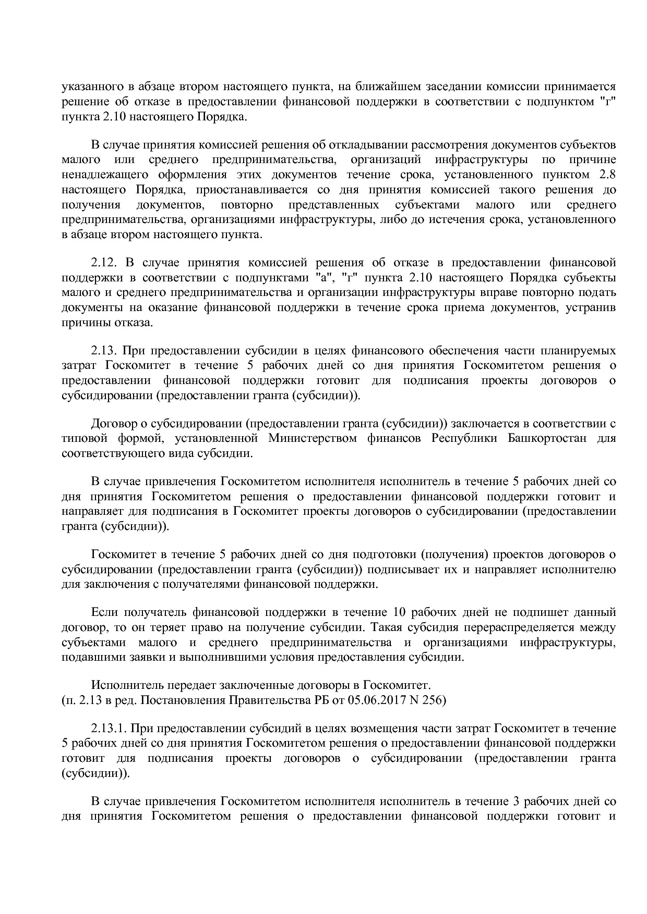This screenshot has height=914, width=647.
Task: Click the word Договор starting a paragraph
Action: [x=112, y=423]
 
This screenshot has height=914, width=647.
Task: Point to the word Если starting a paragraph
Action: [x=102, y=612]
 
